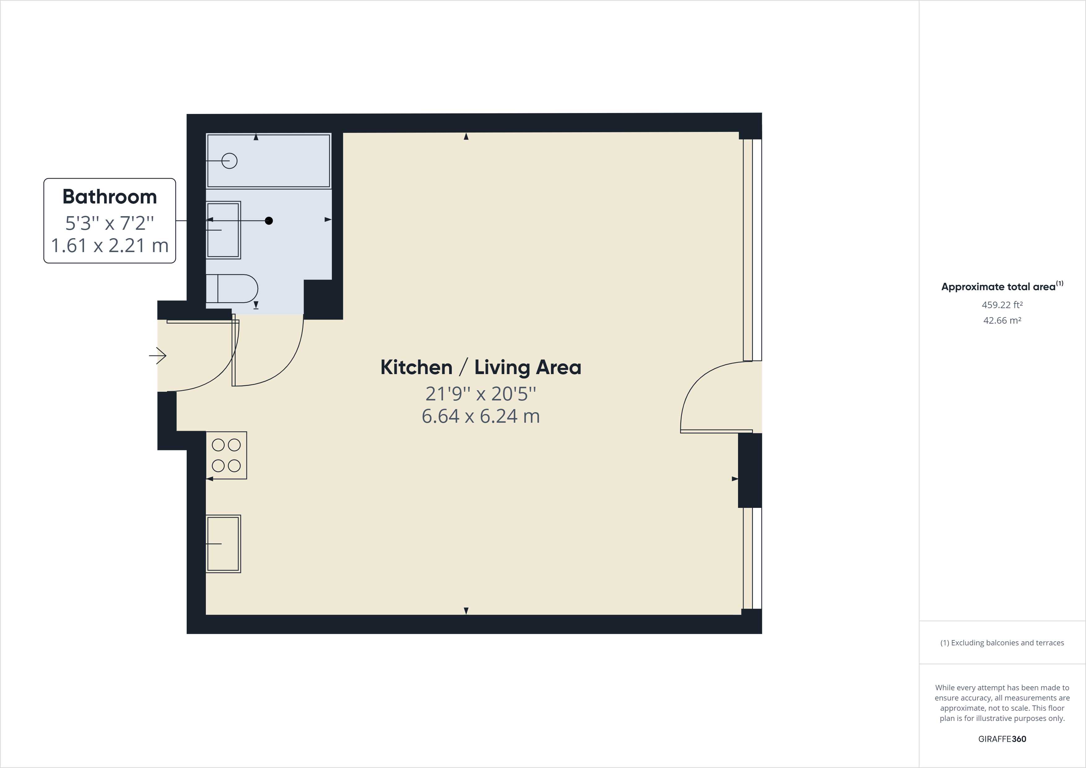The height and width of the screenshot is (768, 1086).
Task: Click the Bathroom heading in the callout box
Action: coord(110,196)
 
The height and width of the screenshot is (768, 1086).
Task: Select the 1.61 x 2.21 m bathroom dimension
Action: coord(110,245)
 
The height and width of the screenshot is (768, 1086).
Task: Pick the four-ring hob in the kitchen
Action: coord(226,455)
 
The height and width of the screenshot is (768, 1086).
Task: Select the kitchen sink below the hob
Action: coord(223,544)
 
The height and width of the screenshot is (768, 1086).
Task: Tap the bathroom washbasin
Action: coord(223,230)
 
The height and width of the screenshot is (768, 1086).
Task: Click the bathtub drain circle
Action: coord(229,161)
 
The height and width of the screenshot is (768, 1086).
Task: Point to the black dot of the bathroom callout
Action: coord(269,220)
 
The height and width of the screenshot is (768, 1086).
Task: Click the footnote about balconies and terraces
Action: coord(1002,643)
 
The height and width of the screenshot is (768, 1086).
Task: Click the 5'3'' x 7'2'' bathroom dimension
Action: coord(110,222)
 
